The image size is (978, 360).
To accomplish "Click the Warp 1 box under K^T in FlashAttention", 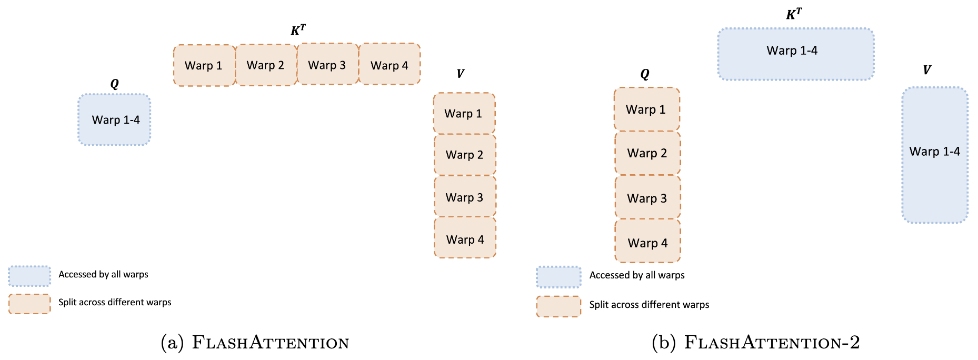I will (204, 65).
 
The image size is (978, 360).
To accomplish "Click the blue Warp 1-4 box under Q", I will (115, 120).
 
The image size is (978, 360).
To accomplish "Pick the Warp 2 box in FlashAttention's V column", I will (465, 155).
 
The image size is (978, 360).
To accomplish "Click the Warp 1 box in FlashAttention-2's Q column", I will (647, 109).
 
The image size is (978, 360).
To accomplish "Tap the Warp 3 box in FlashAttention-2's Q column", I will (647, 197).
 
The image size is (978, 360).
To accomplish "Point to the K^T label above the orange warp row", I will (298, 30).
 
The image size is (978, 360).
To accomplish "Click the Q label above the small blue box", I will (114, 84).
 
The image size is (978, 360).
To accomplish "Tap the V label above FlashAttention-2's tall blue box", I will (926, 70).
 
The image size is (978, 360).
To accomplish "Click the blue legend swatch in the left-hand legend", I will (29, 276).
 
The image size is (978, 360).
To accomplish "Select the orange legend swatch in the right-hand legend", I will (558, 306).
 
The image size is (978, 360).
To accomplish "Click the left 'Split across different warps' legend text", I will (115, 302).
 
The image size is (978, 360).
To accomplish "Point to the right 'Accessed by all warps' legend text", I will (637, 275).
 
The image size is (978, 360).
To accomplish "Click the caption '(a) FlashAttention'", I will (255, 343).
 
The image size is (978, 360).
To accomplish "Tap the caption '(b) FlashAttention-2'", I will (755, 343).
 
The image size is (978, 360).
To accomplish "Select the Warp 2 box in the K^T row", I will (266, 65).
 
